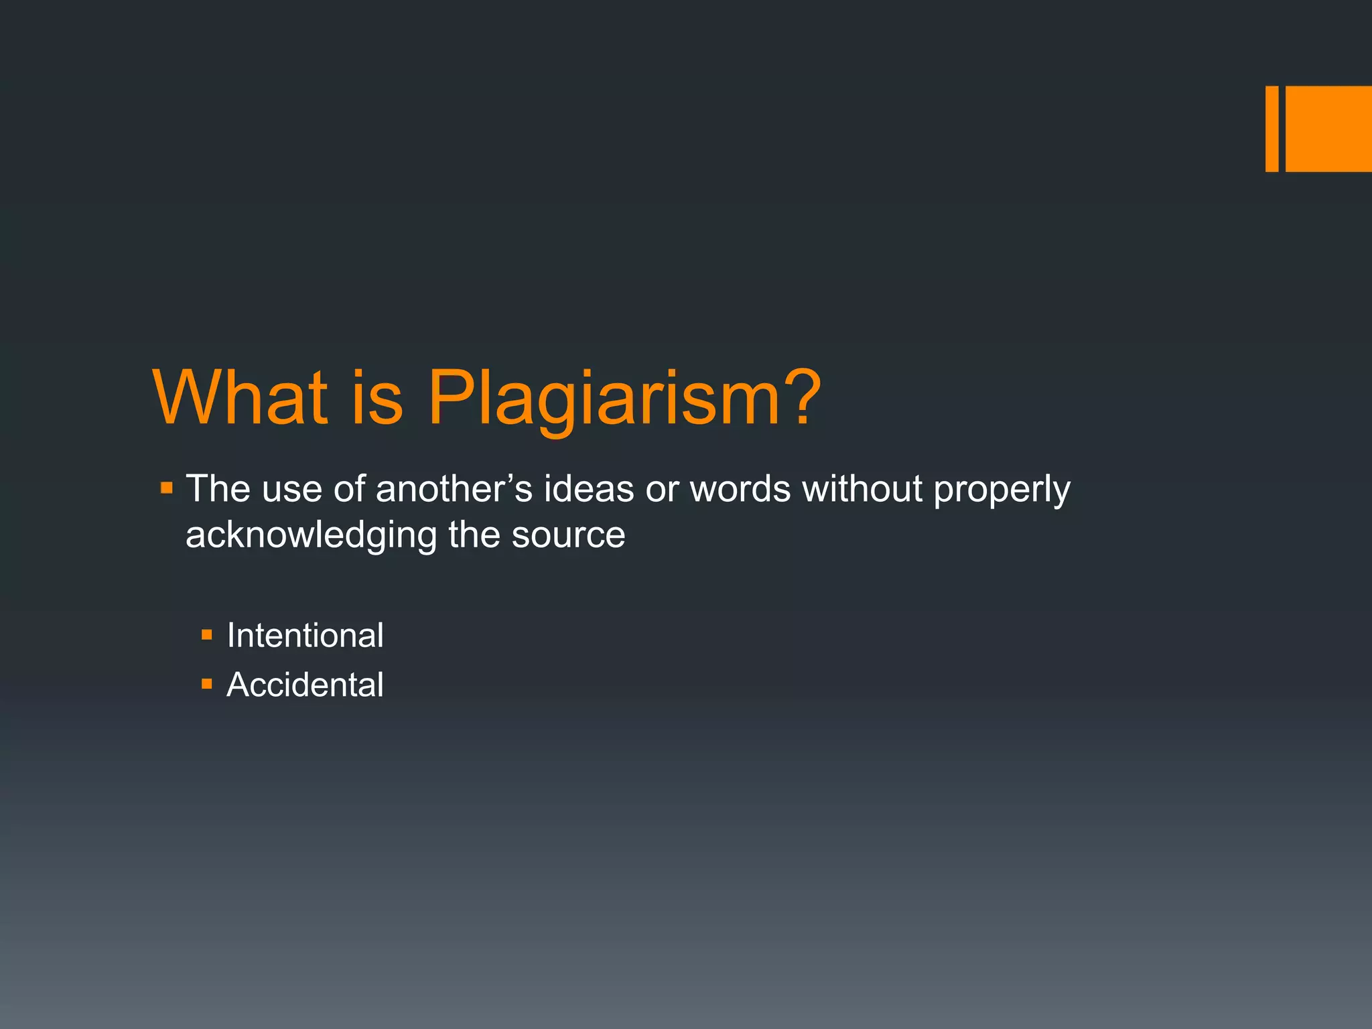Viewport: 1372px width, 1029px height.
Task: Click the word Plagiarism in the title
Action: (602, 399)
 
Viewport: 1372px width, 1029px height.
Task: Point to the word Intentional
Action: (305, 635)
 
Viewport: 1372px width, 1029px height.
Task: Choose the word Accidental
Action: (305, 685)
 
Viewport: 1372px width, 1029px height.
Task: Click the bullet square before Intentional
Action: (207, 634)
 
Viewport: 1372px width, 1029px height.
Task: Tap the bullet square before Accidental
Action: (207, 684)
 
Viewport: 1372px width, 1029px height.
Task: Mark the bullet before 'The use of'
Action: (167, 488)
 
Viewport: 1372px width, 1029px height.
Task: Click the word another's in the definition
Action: (454, 488)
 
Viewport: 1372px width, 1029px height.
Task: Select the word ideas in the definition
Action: (588, 488)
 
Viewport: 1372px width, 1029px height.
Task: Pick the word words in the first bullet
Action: (740, 488)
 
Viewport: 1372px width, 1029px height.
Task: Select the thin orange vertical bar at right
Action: (1272, 129)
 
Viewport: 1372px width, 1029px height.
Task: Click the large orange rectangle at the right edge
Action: (1328, 129)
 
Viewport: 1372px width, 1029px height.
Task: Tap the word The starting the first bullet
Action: (218, 488)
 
